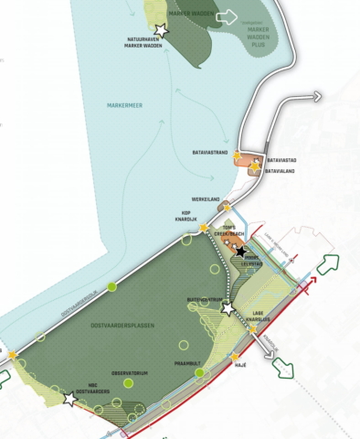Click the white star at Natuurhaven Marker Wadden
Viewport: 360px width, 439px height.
click(162, 31)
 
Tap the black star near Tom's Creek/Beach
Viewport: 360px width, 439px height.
click(240, 251)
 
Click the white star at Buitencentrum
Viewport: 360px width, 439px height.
click(228, 309)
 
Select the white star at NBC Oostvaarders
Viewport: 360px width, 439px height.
click(70, 399)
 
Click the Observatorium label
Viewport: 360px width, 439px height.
click(131, 373)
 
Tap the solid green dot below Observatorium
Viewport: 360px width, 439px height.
click(129, 384)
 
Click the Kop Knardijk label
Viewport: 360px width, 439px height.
click(190, 217)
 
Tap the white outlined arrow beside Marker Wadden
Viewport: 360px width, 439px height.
click(228, 16)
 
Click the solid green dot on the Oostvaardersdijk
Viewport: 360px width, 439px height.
click(111, 287)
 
